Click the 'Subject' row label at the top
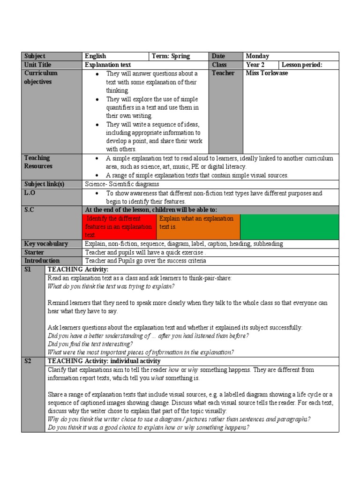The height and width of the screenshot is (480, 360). click(x=35, y=56)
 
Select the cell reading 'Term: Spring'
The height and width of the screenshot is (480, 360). click(x=171, y=56)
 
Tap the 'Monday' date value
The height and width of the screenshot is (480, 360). click(x=257, y=56)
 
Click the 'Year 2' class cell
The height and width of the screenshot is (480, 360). click(x=255, y=65)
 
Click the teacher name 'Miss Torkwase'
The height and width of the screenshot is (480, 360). click(x=267, y=73)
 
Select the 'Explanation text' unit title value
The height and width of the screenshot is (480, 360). click(x=108, y=65)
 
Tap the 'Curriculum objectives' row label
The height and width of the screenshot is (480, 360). click(x=41, y=77)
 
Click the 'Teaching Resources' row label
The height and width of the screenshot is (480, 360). click(x=38, y=162)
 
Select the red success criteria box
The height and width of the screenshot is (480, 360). click(x=119, y=227)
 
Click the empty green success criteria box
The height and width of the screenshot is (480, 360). click(x=289, y=227)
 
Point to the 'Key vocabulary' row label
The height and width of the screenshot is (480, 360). click(x=46, y=244)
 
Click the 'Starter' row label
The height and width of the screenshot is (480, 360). click(x=34, y=252)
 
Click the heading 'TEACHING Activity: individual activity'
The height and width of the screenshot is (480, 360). click(x=104, y=361)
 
